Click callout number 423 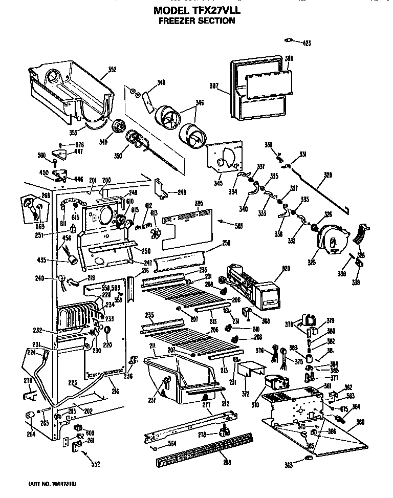click(305, 43)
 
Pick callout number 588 click(289, 59)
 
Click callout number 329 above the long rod click(327, 175)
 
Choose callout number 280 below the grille click(227, 463)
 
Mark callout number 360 click(360, 421)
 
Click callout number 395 click(199, 203)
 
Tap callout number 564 click(171, 444)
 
